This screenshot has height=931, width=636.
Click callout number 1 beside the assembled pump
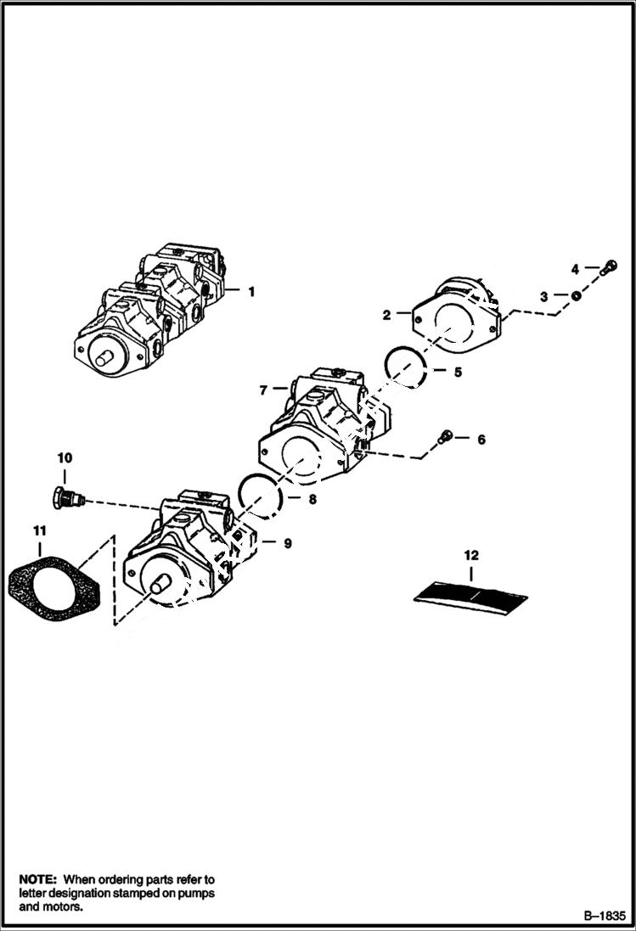tap(251, 291)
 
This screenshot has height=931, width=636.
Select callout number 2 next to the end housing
tap(386, 315)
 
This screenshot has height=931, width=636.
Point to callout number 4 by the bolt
tap(575, 269)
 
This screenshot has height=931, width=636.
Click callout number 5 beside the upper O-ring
tap(457, 372)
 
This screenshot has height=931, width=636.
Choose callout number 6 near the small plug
tap(481, 440)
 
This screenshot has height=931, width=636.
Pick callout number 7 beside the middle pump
tap(263, 390)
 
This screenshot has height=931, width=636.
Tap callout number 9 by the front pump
tap(287, 543)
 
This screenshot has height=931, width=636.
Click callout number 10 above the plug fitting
tap(65, 458)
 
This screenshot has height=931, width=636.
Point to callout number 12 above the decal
tap(471, 556)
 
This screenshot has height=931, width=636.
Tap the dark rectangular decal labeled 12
tap(471, 593)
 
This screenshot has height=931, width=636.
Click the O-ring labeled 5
tap(404, 366)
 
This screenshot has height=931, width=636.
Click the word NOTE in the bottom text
tap(37, 879)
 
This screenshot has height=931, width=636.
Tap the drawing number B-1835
tap(604, 916)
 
